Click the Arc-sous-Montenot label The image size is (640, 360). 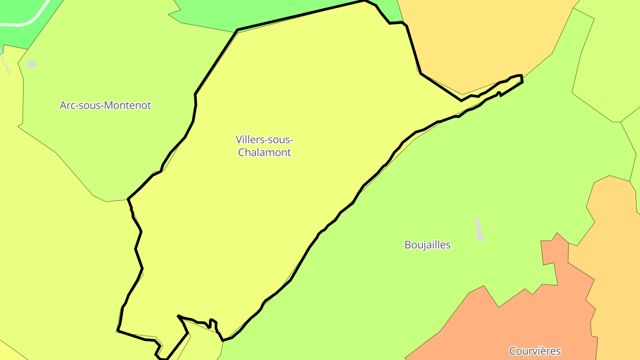[105, 105]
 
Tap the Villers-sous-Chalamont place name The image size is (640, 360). [264, 146]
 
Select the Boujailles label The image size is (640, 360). [428, 245]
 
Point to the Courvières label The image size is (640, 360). [535, 351]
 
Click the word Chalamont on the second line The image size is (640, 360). [264, 152]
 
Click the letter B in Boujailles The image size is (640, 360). [408, 245]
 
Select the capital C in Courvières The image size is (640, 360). [512, 351]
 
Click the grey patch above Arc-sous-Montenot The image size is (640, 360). [31, 64]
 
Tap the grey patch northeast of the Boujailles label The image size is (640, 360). [479, 229]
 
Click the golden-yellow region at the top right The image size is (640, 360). [480, 44]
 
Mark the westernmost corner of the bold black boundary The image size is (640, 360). [118, 331]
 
